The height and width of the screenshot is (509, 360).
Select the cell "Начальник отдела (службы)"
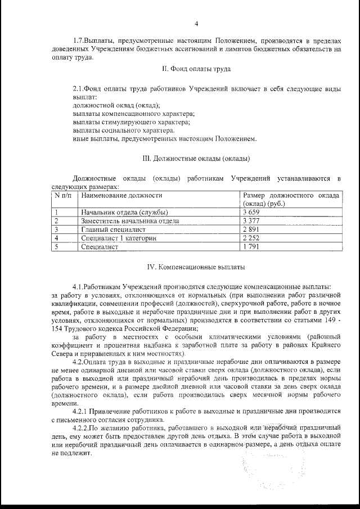124,212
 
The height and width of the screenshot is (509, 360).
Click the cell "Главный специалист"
113,229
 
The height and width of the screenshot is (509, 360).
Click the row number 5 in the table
57,247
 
